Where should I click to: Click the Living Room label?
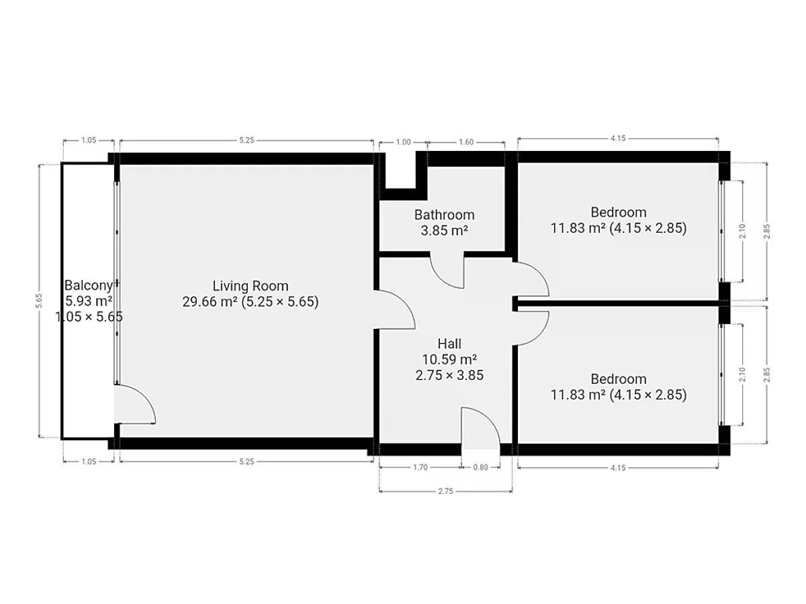tap(251, 286)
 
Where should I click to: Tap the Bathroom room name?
tap(445, 215)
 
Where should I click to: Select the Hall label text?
tap(449, 344)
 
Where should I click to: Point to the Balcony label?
tap(89, 285)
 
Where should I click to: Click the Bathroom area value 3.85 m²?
tap(445, 231)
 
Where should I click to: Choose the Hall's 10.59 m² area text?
tap(449, 360)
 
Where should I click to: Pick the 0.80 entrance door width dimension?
tap(480, 467)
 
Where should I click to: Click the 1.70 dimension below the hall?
tap(420, 467)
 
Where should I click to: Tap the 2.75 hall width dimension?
tap(445, 491)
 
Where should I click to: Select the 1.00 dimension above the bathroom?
tap(403, 142)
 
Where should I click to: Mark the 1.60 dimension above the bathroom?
tap(466, 142)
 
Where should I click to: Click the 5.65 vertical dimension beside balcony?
tap(40, 301)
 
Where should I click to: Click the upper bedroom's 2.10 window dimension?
tap(742, 231)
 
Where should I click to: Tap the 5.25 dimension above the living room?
tap(247, 140)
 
